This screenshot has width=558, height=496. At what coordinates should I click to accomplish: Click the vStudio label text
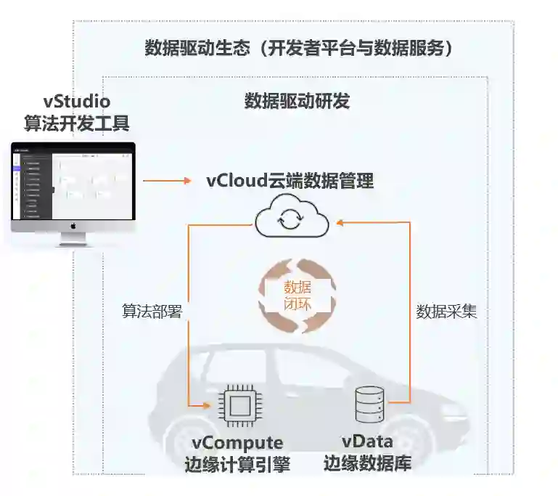76,102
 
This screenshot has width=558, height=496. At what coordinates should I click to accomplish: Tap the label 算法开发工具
76,123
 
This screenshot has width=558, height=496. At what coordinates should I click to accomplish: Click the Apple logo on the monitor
73,227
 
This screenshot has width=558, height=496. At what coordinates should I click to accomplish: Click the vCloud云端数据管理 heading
290,180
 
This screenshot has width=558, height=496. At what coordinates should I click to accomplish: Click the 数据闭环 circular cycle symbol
298,296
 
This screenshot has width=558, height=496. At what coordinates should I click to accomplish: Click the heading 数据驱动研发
297,101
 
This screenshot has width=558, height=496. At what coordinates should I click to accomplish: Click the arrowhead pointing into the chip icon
212,406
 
